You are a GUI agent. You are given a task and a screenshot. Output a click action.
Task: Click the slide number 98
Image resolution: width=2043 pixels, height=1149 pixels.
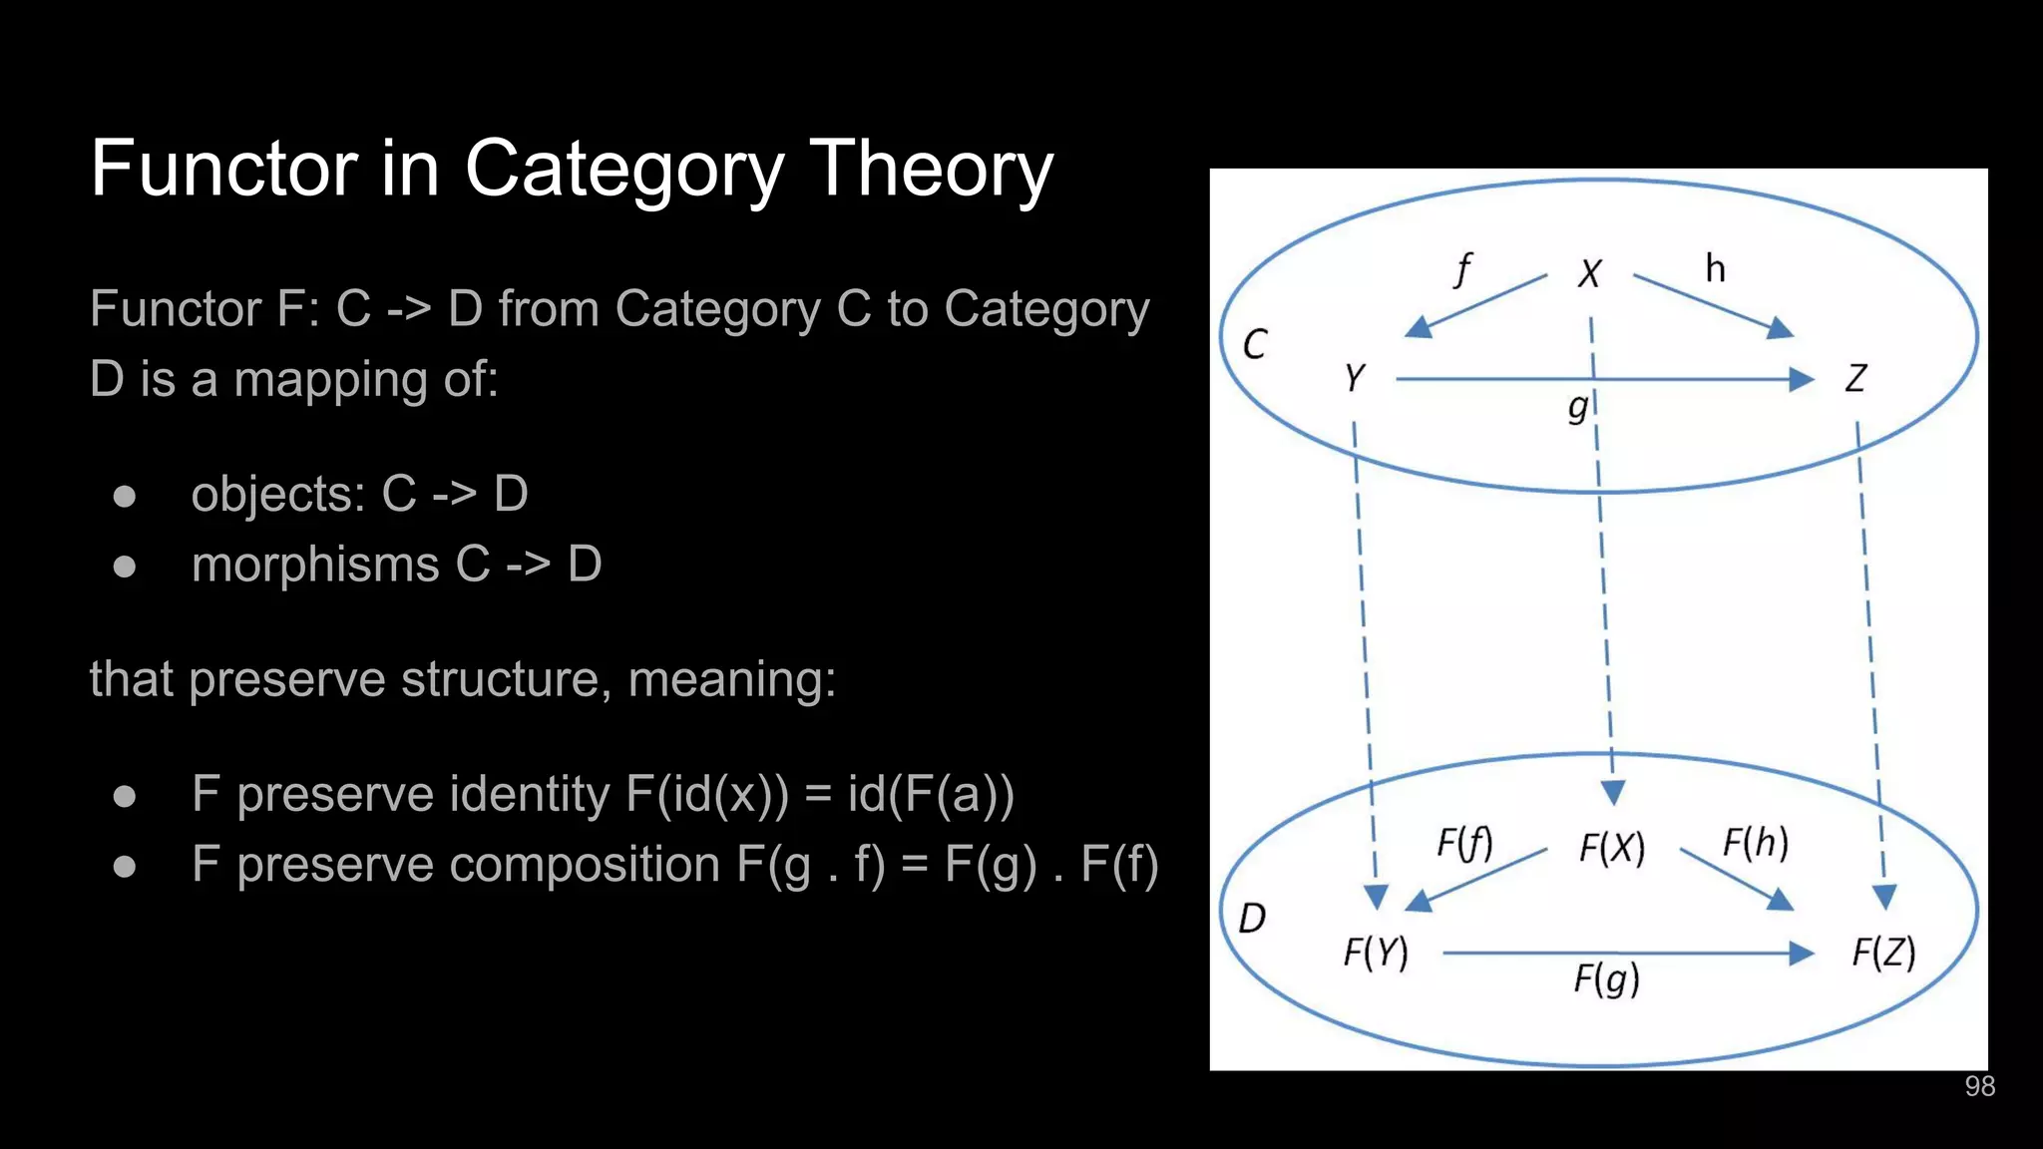point(1979,1086)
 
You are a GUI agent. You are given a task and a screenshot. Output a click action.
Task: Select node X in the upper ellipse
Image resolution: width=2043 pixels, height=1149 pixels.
point(1589,273)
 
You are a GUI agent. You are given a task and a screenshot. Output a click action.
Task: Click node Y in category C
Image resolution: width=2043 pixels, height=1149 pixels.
point(1354,378)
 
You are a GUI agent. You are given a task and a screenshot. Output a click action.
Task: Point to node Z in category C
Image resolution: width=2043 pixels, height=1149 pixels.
point(1854,378)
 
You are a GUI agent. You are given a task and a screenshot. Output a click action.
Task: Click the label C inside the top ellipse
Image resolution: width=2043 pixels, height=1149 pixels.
point(1254,345)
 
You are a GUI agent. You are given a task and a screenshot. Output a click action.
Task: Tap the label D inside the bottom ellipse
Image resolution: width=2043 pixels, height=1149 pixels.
point(1252,918)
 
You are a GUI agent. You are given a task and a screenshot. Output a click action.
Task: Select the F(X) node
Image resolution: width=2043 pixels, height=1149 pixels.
point(1612,848)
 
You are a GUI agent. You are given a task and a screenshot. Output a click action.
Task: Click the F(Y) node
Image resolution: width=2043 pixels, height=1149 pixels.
point(1376,953)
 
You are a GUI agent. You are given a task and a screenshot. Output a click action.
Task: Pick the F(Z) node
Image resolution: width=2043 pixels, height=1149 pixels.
point(1883,953)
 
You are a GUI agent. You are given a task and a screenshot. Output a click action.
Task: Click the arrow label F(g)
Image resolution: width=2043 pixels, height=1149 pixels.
point(1606,979)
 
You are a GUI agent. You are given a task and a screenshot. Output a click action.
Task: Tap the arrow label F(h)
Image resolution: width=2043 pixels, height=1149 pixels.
point(1756,843)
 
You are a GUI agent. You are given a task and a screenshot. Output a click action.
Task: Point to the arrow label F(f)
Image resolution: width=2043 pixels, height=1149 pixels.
point(1464,844)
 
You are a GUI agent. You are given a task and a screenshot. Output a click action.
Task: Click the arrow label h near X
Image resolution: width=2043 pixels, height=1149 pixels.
point(1715,268)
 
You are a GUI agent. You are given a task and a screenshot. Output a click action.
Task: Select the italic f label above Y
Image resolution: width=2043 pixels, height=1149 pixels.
point(1462,268)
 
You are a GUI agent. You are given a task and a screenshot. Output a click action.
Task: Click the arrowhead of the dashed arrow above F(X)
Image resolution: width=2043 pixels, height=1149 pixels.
point(1613,793)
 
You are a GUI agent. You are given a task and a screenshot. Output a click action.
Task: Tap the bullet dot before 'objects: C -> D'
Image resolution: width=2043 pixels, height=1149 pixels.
point(125,496)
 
